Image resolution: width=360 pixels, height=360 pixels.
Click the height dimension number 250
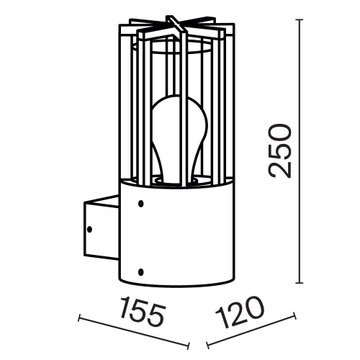pos(278,150)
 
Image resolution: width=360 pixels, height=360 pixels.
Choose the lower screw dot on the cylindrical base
pos(141,271)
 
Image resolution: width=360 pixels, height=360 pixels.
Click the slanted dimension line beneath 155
pos(137,331)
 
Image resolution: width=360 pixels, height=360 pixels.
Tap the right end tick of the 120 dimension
pos(296,314)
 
